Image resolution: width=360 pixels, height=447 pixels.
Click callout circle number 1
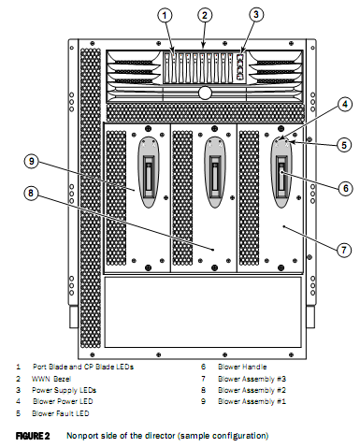pos(165,15)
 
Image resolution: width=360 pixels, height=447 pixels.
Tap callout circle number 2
pos(204,15)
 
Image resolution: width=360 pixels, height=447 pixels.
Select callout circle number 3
pos(256,14)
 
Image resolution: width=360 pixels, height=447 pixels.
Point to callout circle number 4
pos(345,104)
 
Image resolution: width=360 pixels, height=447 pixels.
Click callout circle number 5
pos(344,145)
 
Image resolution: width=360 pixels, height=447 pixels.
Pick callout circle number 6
pos(345,188)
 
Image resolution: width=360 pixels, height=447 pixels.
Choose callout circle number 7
pos(344,250)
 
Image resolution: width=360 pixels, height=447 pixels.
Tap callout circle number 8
pos(31,193)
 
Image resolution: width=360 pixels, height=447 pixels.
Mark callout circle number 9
pos(31,161)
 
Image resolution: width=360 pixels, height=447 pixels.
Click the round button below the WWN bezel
pos(205,93)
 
